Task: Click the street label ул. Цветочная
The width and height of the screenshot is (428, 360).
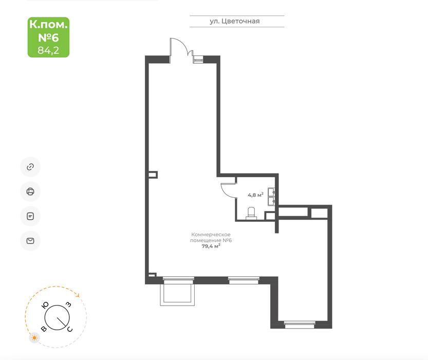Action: tap(234, 21)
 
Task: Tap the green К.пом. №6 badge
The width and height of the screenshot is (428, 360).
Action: tap(49, 37)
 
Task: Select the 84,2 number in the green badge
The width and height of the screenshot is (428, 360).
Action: tap(48, 50)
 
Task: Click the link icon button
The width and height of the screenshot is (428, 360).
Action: tap(30, 167)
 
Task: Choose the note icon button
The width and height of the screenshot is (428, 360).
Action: tap(30, 216)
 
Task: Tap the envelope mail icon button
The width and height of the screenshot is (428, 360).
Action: tap(30, 241)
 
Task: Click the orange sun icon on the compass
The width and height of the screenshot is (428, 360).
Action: tap(34, 338)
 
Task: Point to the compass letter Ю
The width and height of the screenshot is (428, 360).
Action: tap(45, 305)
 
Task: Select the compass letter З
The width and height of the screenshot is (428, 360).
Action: tap(69, 305)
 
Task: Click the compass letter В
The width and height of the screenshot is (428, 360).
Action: tap(44, 329)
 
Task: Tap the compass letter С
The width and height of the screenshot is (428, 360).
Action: tap(70, 329)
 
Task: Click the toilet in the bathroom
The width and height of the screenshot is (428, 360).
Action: tap(251, 213)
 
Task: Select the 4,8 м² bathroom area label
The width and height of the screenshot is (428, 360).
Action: tap(255, 195)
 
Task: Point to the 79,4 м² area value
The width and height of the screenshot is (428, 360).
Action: tap(211, 246)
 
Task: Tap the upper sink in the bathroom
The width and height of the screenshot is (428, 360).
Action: tap(272, 192)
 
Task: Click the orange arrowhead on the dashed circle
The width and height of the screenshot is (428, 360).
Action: tap(78, 295)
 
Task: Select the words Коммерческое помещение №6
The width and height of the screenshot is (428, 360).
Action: tap(211, 237)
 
